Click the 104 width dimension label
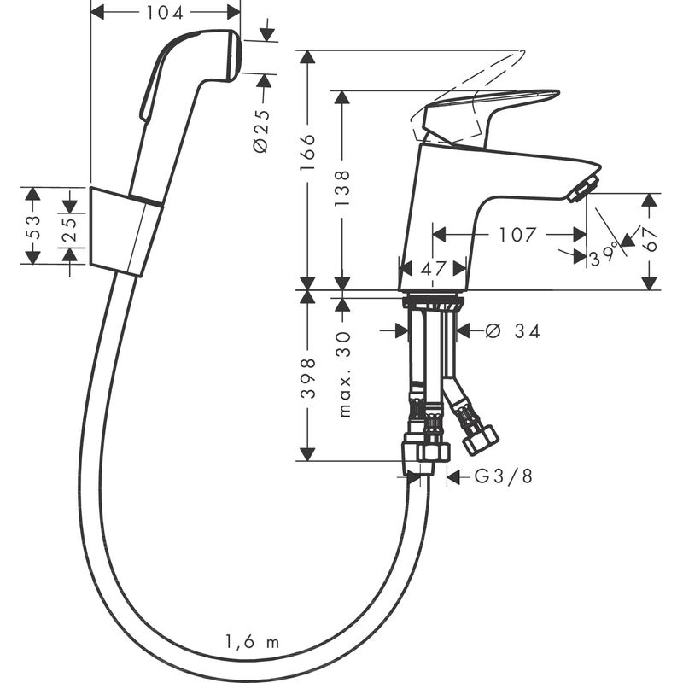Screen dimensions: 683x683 166,12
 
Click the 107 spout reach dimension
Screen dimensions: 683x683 517,234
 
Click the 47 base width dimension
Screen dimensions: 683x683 434,268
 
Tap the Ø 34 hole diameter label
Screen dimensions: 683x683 512,331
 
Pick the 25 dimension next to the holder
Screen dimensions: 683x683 71,226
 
